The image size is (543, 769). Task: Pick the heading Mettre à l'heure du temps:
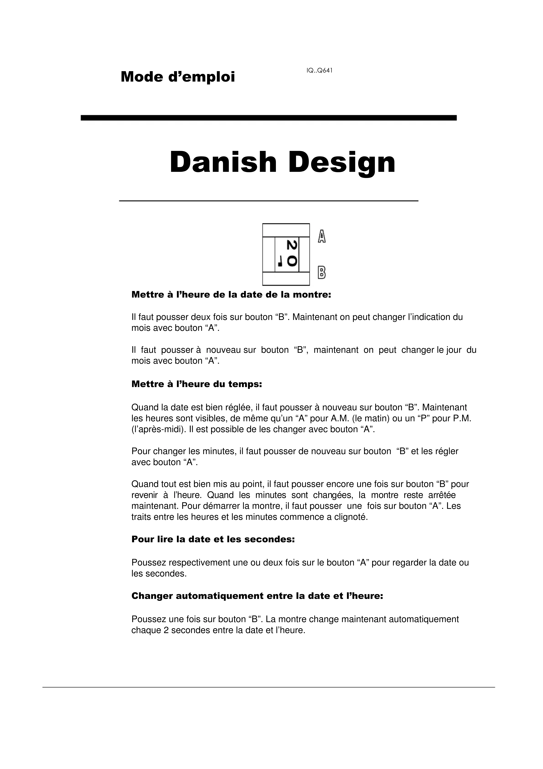coord(196,384)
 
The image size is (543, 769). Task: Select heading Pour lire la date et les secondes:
coord(213,539)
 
